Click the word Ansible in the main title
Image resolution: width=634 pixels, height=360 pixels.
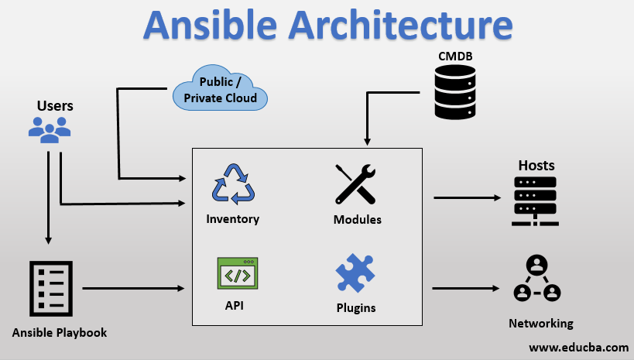tap(210, 25)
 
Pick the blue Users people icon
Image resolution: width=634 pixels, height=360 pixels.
tap(50, 129)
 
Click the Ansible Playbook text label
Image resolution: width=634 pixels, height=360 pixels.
tap(60, 333)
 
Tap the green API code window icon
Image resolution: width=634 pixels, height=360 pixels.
tap(237, 273)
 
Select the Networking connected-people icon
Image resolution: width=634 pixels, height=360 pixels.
tap(536, 279)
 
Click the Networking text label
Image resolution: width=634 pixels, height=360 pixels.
tap(541, 324)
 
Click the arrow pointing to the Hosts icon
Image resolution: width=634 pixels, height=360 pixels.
tap(467, 197)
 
